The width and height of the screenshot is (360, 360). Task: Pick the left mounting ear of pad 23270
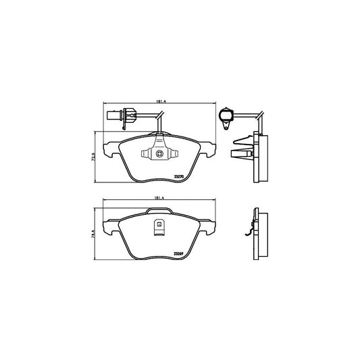109,147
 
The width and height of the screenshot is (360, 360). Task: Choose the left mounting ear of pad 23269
109,225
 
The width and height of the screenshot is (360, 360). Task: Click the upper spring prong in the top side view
240,143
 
